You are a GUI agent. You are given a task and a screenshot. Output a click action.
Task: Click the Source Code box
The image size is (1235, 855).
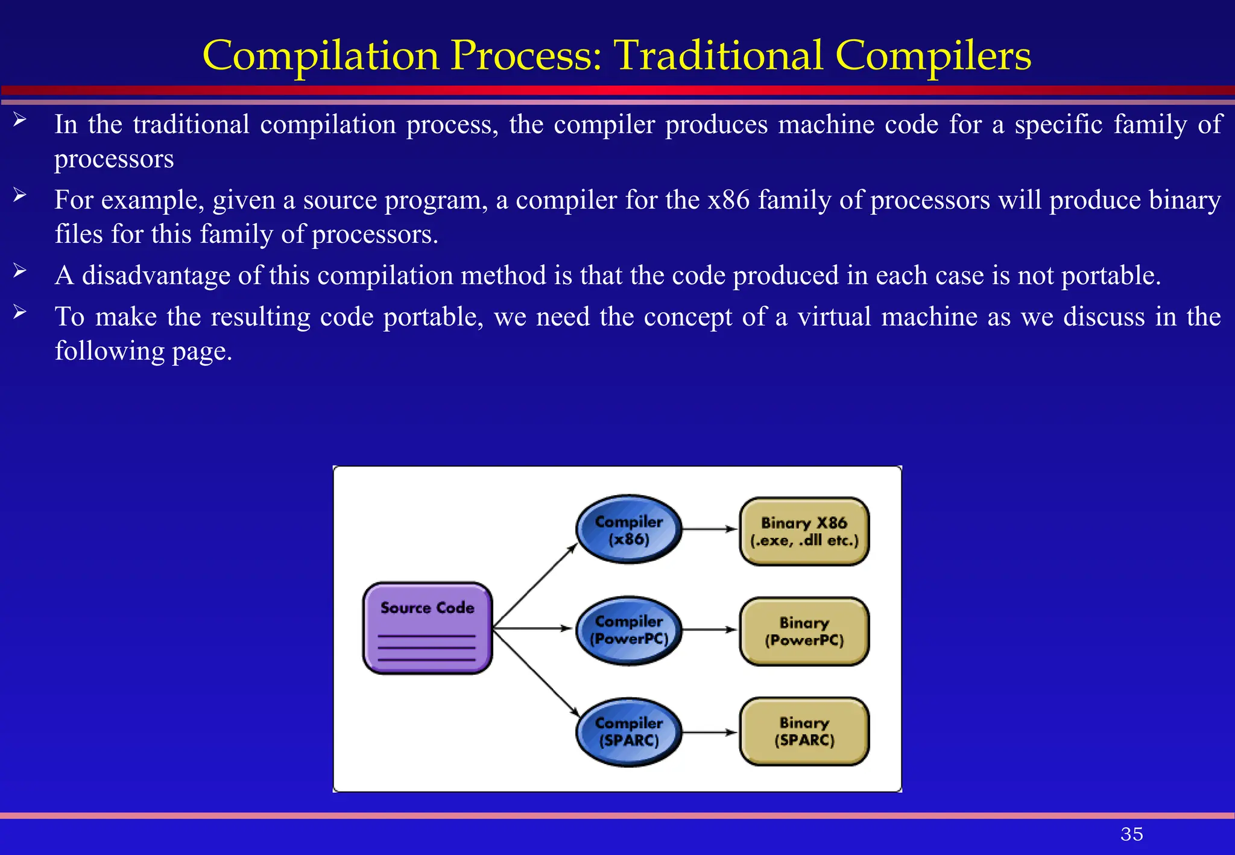click(427, 628)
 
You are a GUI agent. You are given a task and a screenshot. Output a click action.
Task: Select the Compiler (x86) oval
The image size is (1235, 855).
click(628, 529)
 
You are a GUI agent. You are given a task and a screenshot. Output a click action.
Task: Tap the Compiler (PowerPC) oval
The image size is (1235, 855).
click(628, 630)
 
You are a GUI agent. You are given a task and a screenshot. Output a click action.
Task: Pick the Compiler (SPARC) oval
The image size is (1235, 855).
click(628, 731)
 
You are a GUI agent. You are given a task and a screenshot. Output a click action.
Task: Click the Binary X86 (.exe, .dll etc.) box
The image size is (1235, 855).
click(804, 531)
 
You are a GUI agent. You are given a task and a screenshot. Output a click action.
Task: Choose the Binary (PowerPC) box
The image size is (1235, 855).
click(804, 631)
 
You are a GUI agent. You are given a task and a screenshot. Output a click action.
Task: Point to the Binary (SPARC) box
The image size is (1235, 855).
click(804, 731)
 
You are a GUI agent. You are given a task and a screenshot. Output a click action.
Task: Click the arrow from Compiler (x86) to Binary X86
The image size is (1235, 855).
click(710, 529)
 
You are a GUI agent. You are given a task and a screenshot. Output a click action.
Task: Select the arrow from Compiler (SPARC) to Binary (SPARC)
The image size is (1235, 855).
click(710, 733)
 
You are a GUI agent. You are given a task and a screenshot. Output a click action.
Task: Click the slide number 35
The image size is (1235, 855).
click(1131, 834)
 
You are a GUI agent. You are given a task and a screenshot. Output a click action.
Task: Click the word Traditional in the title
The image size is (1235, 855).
click(718, 55)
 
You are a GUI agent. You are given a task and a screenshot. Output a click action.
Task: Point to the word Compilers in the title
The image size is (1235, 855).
click(933, 55)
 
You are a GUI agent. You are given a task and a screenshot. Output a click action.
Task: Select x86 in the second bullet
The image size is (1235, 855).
click(728, 200)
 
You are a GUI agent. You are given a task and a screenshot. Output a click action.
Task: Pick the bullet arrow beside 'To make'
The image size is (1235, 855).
click(20, 312)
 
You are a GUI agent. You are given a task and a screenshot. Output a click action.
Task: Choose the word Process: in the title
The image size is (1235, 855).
click(526, 55)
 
